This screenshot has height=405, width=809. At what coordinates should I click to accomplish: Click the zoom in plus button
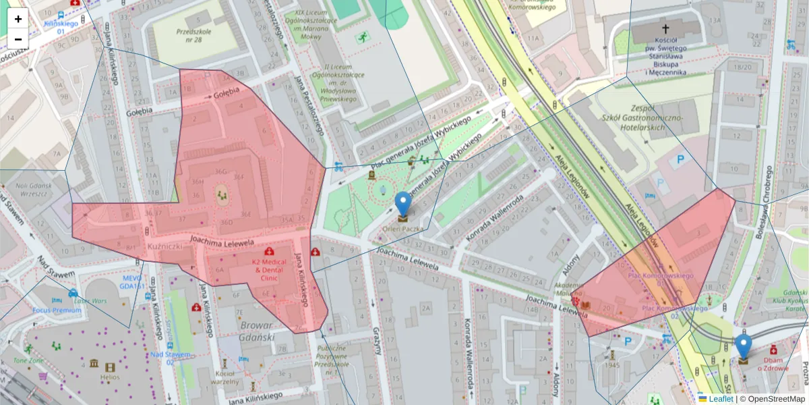point(18,19)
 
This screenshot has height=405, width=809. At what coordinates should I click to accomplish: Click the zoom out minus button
point(18,39)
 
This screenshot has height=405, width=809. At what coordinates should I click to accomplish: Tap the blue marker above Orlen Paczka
point(402,204)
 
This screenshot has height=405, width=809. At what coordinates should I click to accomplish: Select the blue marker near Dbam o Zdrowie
point(743,346)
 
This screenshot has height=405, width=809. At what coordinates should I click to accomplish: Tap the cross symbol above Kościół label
point(666,28)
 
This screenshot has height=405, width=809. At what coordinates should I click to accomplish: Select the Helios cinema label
point(110,377)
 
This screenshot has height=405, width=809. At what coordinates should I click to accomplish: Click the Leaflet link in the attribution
point(721,399)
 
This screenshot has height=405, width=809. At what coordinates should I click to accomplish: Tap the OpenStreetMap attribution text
point(775,399)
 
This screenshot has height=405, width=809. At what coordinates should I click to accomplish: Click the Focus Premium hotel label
point(57,310)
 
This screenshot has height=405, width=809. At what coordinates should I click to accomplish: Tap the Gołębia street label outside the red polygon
point(140,111)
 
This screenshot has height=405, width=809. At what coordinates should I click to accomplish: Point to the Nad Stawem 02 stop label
point(171,358)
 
